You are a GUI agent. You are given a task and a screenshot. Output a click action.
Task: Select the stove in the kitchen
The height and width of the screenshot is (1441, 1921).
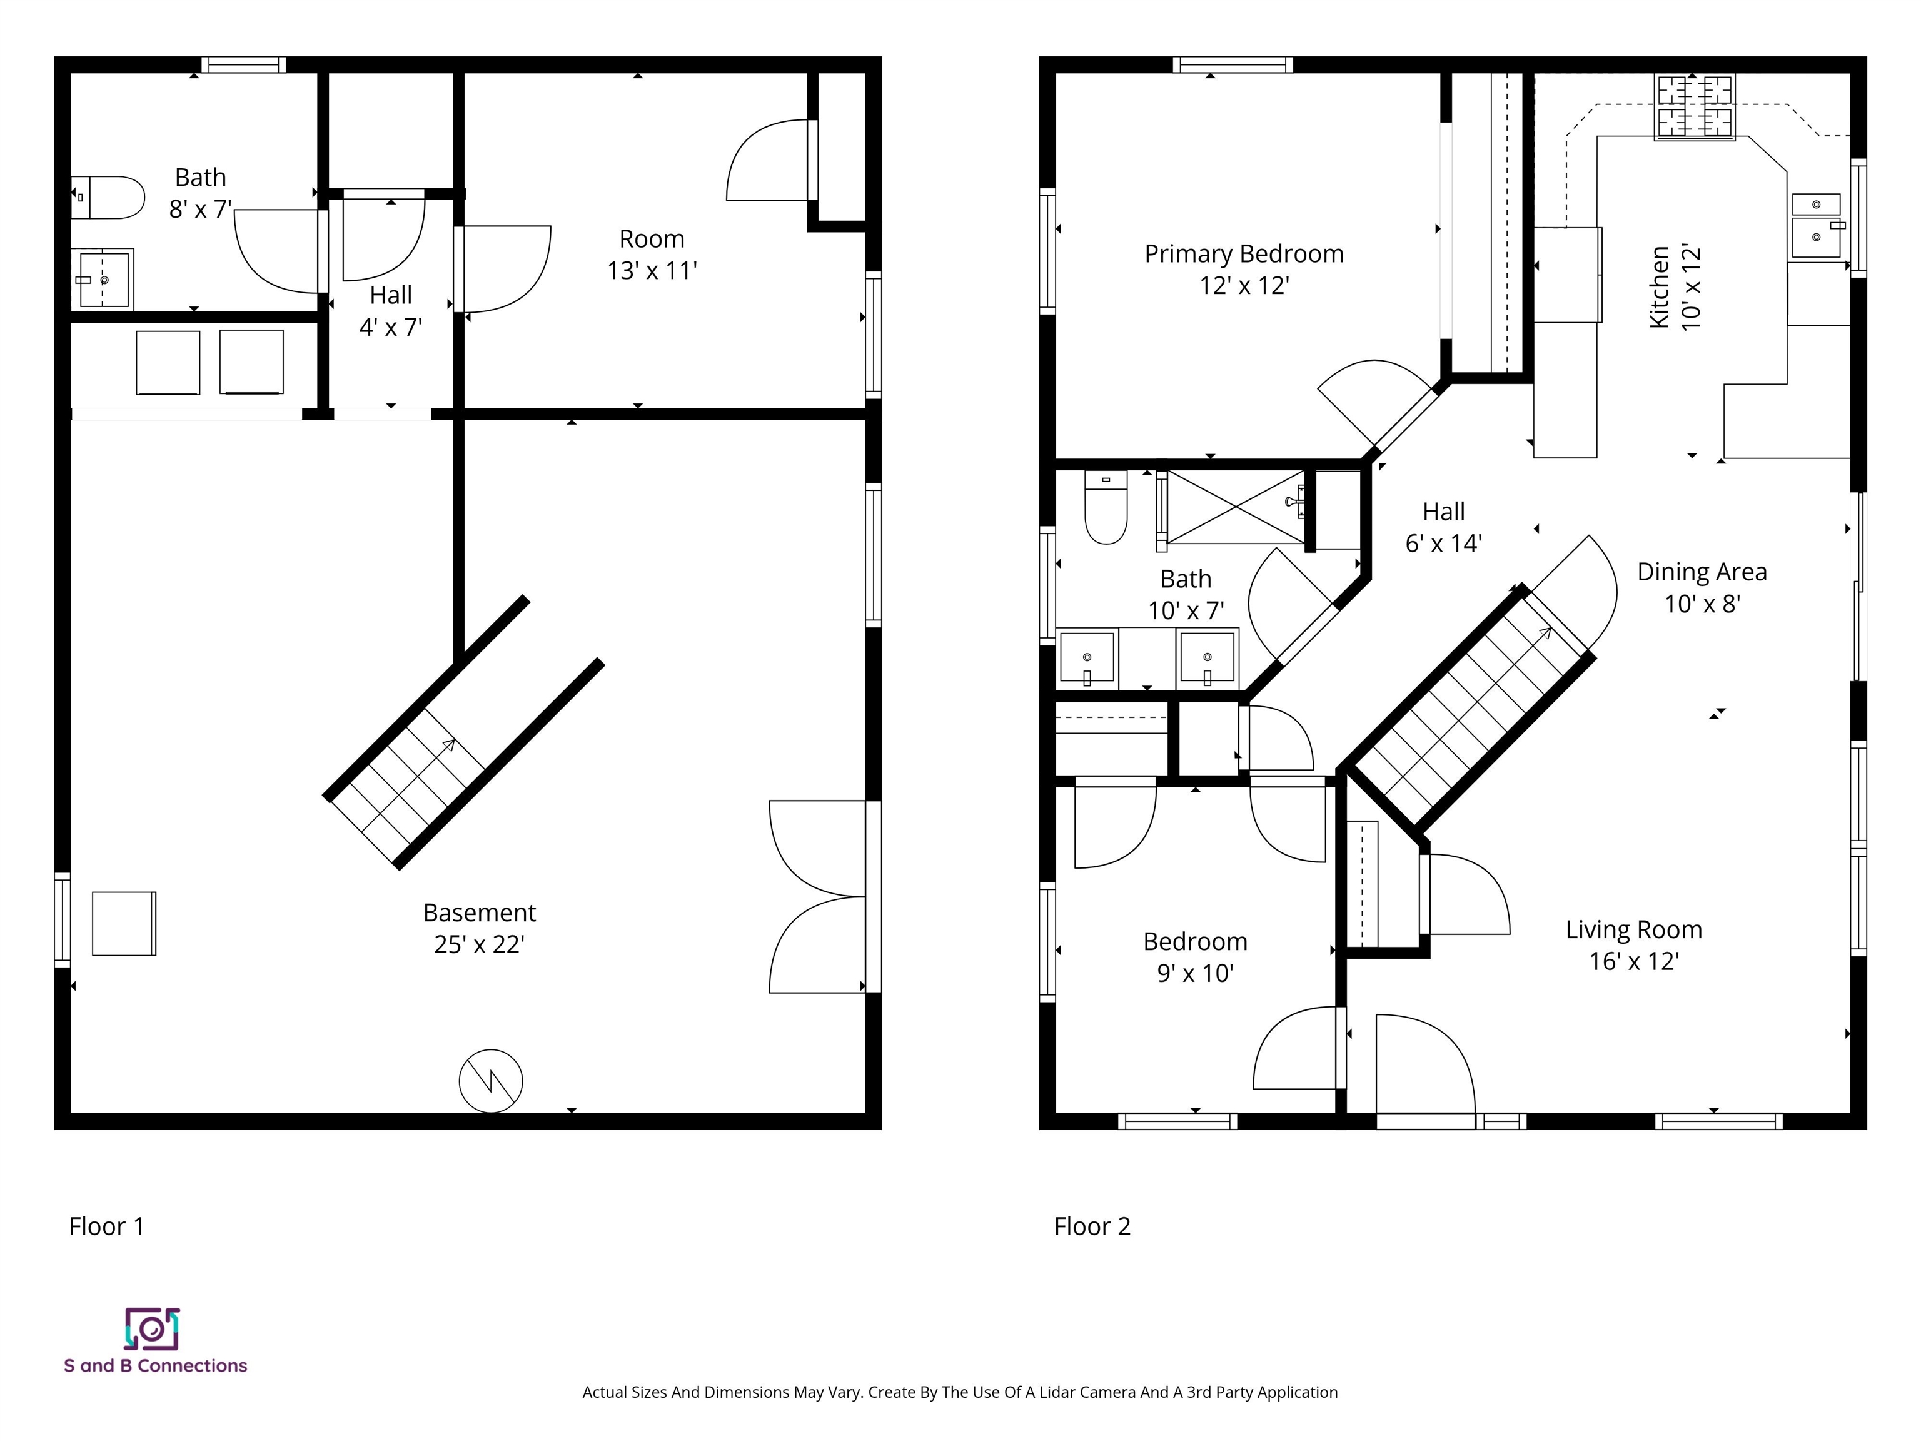coord(1695,108)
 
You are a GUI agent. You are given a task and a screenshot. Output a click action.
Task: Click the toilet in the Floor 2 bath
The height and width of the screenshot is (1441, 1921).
coord(1106,507)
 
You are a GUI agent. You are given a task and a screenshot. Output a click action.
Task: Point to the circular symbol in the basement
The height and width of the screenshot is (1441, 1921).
coord(491,1081)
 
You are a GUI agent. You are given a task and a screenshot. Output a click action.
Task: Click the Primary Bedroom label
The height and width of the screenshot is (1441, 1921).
coord(1244,254)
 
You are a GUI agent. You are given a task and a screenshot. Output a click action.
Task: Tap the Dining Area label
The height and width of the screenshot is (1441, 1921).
coord(1702,572)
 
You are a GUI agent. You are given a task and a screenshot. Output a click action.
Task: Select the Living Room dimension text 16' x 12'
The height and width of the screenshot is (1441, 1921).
coord(1633,961)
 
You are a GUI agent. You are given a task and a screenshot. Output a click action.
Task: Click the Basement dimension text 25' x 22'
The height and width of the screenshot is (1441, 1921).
coord(480,944)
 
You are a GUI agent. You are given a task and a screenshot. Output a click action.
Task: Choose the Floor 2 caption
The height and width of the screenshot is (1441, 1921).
coord(1092,1226)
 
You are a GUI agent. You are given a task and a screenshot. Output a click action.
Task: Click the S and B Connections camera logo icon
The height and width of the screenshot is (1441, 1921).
coord(152,1329)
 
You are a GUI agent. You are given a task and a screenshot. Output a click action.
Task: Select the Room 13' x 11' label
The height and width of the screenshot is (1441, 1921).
coord(652,255)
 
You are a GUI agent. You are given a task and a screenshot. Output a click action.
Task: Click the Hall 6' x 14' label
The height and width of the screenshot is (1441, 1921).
coord(1443,527)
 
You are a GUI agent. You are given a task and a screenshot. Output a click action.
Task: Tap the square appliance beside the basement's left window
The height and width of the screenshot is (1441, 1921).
coord(124,923)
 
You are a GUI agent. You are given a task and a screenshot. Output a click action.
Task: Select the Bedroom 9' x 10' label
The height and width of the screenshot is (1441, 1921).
coord(1195,957)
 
